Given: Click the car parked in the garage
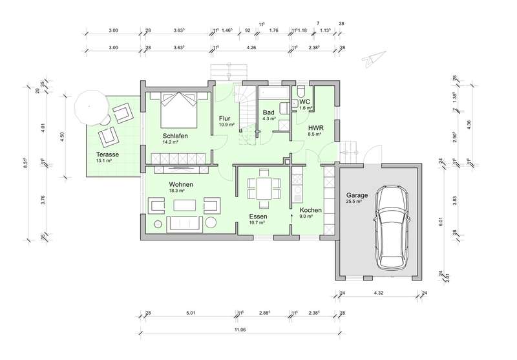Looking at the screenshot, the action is point(392,228).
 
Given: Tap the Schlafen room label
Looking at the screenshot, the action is point(175,136).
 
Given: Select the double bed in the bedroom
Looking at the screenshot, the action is point(179,110).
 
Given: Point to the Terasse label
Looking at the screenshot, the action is point(107,154).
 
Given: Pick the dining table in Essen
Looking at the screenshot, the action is point(264,189).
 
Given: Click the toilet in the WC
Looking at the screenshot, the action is point(301,90).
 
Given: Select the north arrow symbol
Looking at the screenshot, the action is point(374,58).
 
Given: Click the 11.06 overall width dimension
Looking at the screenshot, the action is point(240,330).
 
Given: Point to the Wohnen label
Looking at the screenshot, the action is point(181,184).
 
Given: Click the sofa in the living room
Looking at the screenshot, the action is point(185,224).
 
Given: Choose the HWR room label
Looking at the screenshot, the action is point(316,128).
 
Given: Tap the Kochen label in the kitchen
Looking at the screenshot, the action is point(311,210).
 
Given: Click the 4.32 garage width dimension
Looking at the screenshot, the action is point(378,293).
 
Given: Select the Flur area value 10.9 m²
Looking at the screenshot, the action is point(227,125).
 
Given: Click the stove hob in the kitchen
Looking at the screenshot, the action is point(297,180).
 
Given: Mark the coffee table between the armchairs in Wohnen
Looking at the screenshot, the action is point(185,205).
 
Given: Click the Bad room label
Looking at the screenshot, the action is point(268,112).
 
